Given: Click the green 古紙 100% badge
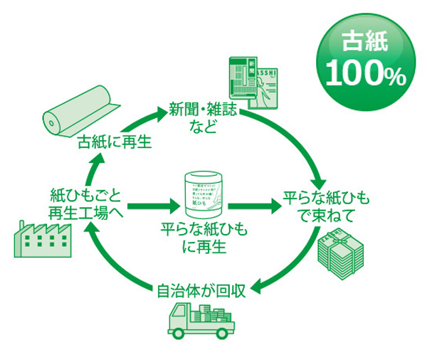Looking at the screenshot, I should point(364,58).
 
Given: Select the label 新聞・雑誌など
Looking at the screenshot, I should point(202,118).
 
